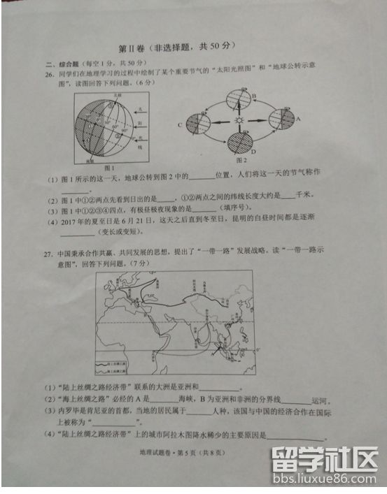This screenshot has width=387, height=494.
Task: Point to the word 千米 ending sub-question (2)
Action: click(305, 198)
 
